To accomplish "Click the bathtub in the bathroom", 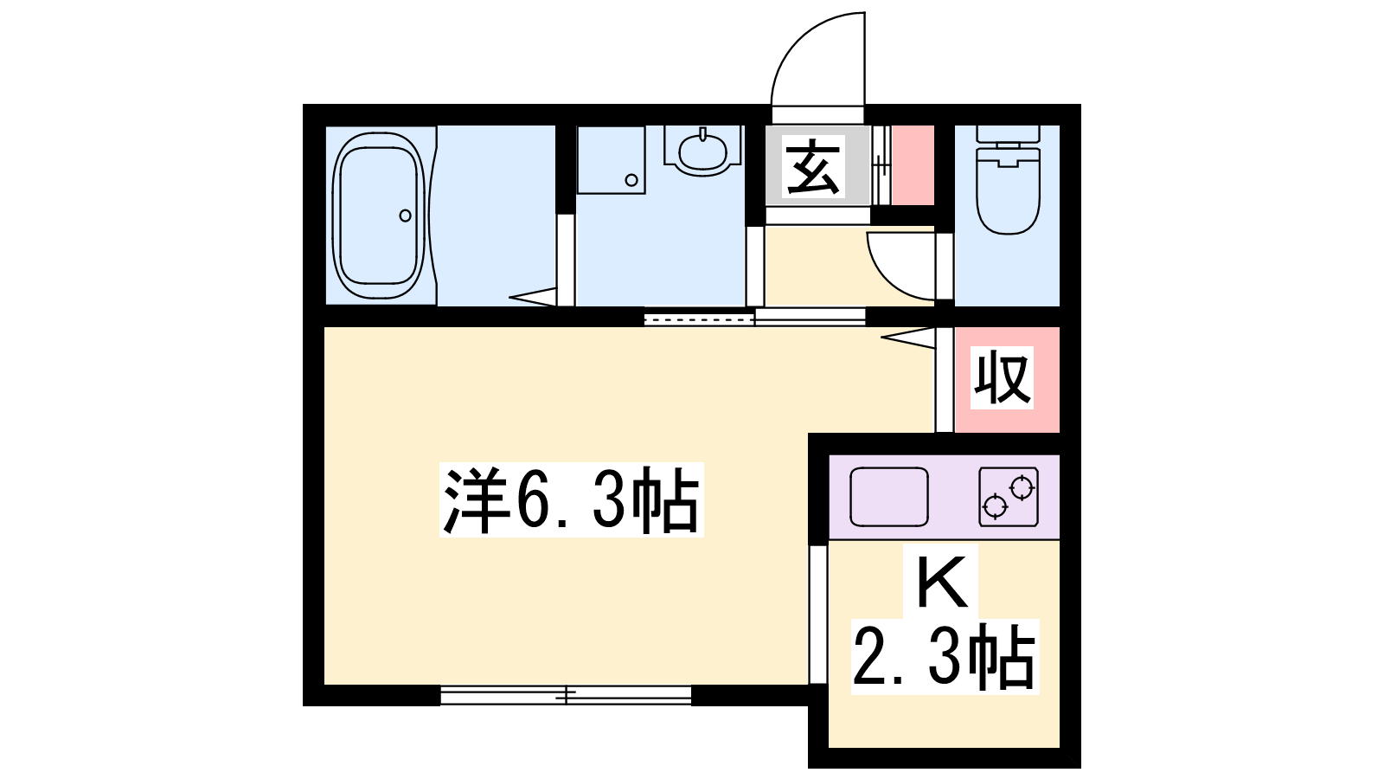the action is click(x=379, y=216).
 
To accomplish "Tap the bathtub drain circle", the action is click(x=406, y=216).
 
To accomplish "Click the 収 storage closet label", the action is click(x=1002, y=377).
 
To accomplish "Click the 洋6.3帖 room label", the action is click(x=572, y=499).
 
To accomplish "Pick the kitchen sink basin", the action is click(x=889, y=497).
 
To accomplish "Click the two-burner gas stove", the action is click(x=1009, y=497).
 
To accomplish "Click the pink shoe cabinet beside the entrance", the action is click(x=913, y=165).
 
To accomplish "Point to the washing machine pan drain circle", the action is click(x=631, y=180).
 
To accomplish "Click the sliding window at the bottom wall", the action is click(x=566, y=696).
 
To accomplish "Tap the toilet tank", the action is click(x=1008, y=134).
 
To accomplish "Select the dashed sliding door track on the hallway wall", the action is click(x=699, y=319).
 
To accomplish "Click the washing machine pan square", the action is click(x=611, y=160).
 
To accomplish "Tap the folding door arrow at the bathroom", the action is click(x=533, y=297).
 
